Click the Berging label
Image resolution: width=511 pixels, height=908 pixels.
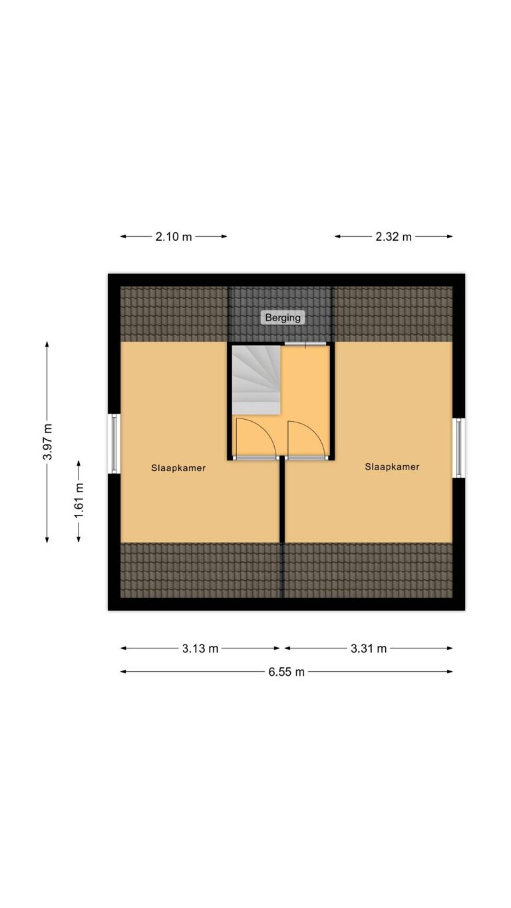pyautogui.click(x=283, y=317)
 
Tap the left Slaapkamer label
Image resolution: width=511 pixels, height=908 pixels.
pyautogui.click(x=178, y=468)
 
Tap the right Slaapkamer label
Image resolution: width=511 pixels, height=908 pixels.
pyautogui.click(x=392, y=466)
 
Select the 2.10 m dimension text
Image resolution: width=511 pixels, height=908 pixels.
pyautogui.click(x=174, y=237)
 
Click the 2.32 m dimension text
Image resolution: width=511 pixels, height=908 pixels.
pyautogui.click(x=393, y=237)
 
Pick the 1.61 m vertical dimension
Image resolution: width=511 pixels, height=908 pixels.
pyautogui.click(x=79, y=500)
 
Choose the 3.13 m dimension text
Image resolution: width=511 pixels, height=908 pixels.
pyautogui.click(x=200, y=649)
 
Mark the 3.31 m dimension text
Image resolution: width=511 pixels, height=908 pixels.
pyautogui.click(x=369, y=649)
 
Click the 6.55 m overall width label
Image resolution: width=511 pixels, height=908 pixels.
pyautogui.click(x=286, y=672)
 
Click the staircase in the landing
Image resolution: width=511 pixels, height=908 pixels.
pyautogui.click(x=256, y=380)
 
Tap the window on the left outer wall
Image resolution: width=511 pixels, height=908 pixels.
pyautogui.click(x=114, y=444)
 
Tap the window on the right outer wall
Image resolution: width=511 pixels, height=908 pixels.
pyautogui.click(x=458, y=448)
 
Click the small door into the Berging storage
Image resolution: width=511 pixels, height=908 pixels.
pyautogui.click(x=305, y=344)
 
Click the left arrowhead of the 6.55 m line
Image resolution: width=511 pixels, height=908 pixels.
pyautogui.click(x=123, y=672)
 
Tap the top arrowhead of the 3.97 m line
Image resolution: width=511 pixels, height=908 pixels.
pyautogui.click(x=47, y=344)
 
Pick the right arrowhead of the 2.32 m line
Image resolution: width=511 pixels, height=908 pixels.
pyautogui.click(x=450, y=236)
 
